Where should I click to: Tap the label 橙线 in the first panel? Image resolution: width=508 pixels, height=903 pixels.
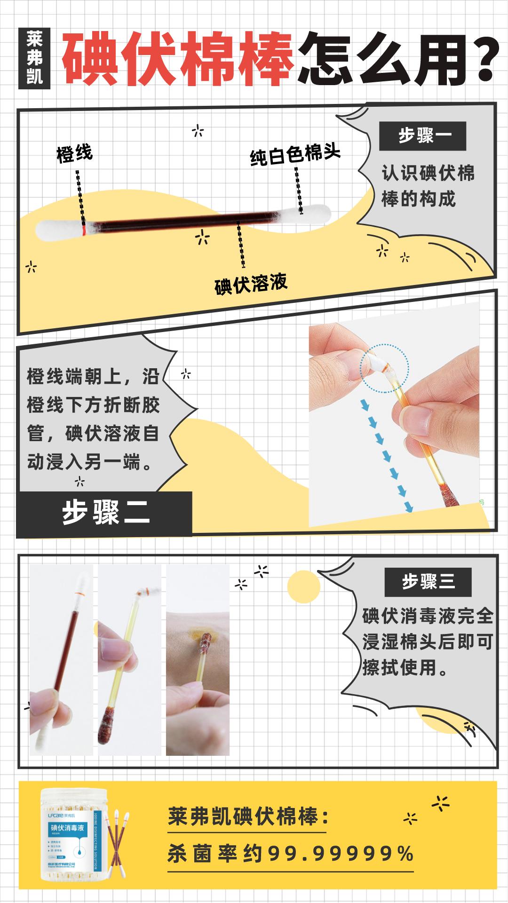tap(74, 153)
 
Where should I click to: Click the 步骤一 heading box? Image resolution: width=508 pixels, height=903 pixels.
tap(422, 136)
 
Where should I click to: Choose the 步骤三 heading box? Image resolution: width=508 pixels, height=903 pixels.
tap(428, 582)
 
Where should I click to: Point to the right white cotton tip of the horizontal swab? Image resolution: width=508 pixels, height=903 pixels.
tap(314, 214)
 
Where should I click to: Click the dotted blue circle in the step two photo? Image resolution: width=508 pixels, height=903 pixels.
tap(385, 367)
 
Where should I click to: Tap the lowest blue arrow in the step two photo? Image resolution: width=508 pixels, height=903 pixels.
tap(408, 507)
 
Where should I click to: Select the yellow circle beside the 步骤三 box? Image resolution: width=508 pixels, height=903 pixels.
tap(303, 587)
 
